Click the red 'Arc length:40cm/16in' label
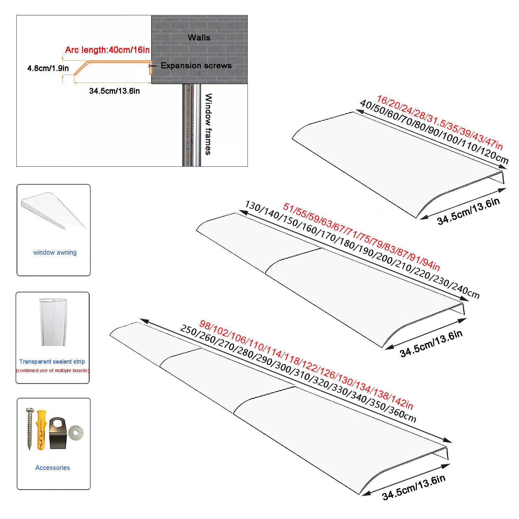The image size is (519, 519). pos(107,50)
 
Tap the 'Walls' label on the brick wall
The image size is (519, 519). pos(199,38)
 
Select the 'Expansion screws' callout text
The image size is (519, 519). pos(196,66)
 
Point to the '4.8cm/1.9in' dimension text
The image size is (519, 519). pos(48,68)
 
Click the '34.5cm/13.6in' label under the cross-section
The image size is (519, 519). pos(115,91)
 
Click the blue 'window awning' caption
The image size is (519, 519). pos(55,252)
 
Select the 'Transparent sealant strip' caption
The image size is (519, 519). pos(52,361)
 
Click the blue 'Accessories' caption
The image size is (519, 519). pos(53,467)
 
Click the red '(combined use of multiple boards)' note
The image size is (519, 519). pos(53,370)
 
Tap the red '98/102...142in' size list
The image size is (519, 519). pos(306,365)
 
